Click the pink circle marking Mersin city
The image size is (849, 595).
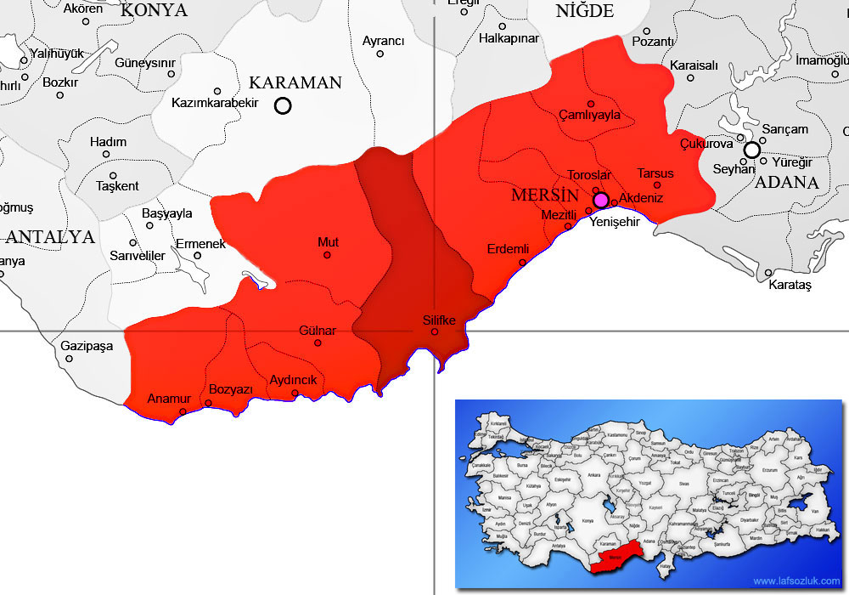point(600,200)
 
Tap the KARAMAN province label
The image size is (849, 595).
point(295,83)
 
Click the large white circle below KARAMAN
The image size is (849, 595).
point(283,106)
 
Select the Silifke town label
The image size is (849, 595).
point(439,320)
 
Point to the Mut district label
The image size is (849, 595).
point(328,242)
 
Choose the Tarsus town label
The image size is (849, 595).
point(655,173)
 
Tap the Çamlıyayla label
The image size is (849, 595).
point(589,115)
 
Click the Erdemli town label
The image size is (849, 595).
point(508,249)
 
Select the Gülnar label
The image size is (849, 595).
point(318,330)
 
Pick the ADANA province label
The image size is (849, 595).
point(786,182)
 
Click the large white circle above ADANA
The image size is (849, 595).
point(751,150)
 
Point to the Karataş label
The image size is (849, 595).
point(790,286)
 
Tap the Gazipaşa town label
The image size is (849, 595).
point(87,346)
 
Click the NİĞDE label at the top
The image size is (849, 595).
point(584,11)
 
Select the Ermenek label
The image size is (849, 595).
point(200,244)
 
